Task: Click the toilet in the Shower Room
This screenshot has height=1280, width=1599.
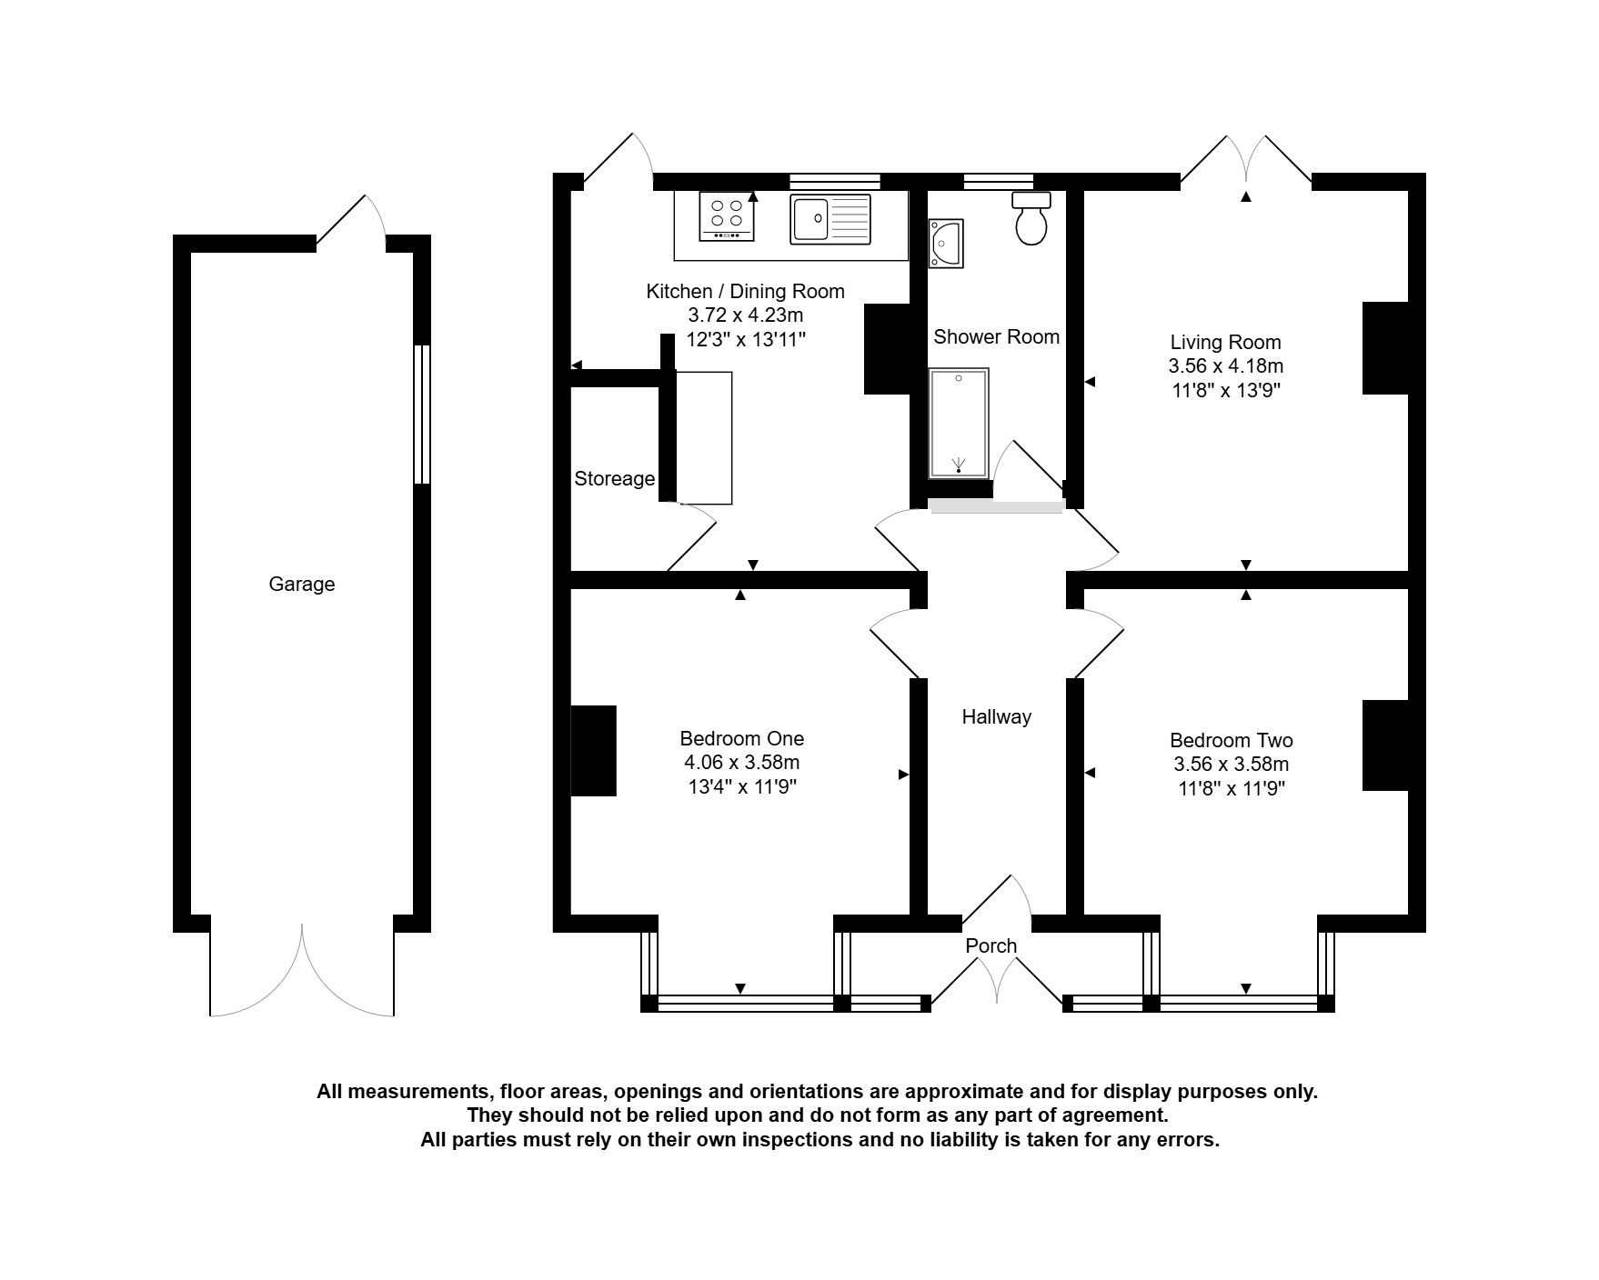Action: pos(1031,218)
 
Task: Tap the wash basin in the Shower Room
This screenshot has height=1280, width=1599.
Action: pos(945,244)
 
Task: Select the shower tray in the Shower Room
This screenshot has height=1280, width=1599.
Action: pos(959,423)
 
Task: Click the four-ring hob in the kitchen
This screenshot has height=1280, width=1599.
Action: pos(727,215)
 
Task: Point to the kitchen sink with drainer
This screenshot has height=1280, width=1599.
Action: pos(830,219)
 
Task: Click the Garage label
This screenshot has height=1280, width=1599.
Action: pos(302,585)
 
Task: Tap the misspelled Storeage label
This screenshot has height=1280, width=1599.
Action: pos(615,478)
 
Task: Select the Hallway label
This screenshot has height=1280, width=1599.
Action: pos(997,717)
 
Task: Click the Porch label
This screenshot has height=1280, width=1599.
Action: pos(991,945)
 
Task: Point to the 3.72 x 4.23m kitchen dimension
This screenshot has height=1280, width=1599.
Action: pos(746,315)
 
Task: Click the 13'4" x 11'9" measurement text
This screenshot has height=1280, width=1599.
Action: pos(742,787)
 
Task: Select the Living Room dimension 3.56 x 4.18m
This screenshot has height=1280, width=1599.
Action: pos(1226,366)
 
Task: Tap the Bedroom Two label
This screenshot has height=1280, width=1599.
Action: pos(1232,741)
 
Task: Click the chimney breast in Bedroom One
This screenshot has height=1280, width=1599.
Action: pos(594,751)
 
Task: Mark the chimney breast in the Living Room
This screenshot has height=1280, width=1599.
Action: pos(1385,348)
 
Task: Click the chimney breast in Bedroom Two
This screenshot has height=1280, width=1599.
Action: pos(1385,745)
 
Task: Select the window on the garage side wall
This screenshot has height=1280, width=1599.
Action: pos(422,414)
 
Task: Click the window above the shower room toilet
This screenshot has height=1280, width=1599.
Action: pos(998,182)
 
